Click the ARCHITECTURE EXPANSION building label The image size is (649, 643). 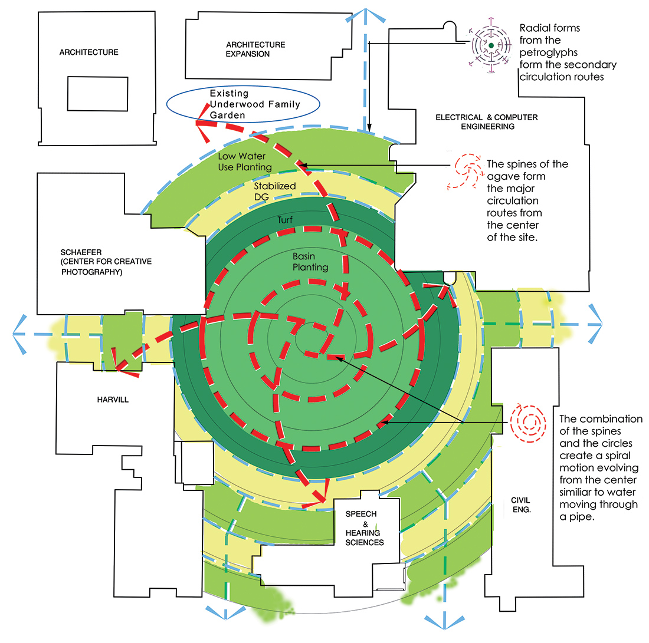point(255,50)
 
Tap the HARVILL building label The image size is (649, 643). point(112,400)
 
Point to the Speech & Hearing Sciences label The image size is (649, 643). point(365,528)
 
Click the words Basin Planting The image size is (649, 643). point(310,262)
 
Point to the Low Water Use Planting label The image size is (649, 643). point(245,161)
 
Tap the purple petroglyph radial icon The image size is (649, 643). point(491,45)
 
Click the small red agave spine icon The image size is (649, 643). point(466,173)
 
